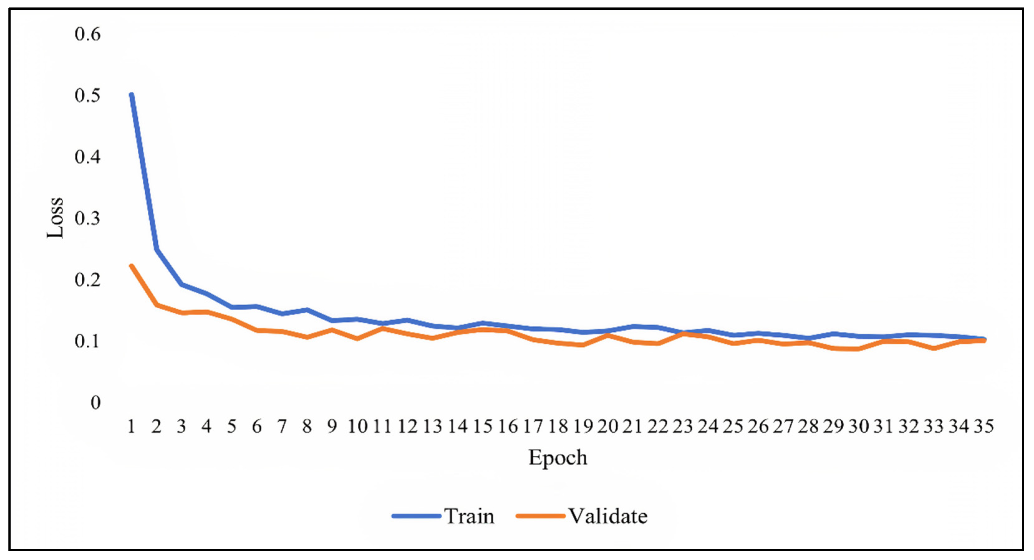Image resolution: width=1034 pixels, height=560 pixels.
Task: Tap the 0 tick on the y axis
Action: coord(95,402)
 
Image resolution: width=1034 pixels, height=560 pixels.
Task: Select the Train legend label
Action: coord(469,516)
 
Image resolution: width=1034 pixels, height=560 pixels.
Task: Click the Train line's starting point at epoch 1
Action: coord(131,95)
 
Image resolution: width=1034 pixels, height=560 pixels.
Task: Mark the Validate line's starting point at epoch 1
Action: coord(131,266)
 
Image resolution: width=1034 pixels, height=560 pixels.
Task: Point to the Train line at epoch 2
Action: coord(156,249)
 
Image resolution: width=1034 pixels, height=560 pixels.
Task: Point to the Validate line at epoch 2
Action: coord(156,305)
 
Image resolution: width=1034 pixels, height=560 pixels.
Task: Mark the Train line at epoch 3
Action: coord(181,284)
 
